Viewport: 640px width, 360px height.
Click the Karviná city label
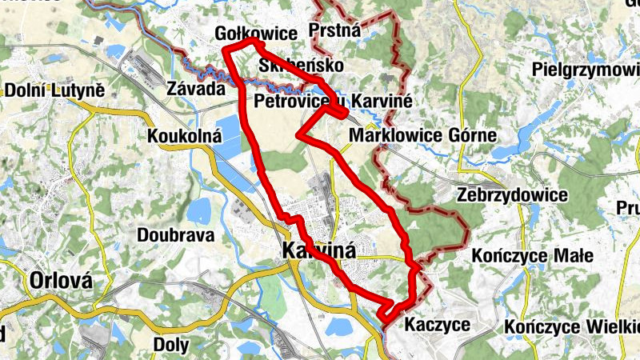click(318, 252)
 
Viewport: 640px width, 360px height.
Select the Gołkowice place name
click(255, 34)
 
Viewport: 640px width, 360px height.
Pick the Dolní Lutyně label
click(55, 90)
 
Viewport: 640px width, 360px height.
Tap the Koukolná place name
click(184, 137)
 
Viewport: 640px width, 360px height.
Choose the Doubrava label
click(175, 235)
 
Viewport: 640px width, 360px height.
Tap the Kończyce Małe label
click(532, 256)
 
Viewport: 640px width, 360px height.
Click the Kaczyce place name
click(437, 325)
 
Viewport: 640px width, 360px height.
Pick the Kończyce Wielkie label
click(571, 327)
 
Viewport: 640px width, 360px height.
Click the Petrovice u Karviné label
click(332, 102)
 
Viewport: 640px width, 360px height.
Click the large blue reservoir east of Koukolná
click(229, 136)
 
